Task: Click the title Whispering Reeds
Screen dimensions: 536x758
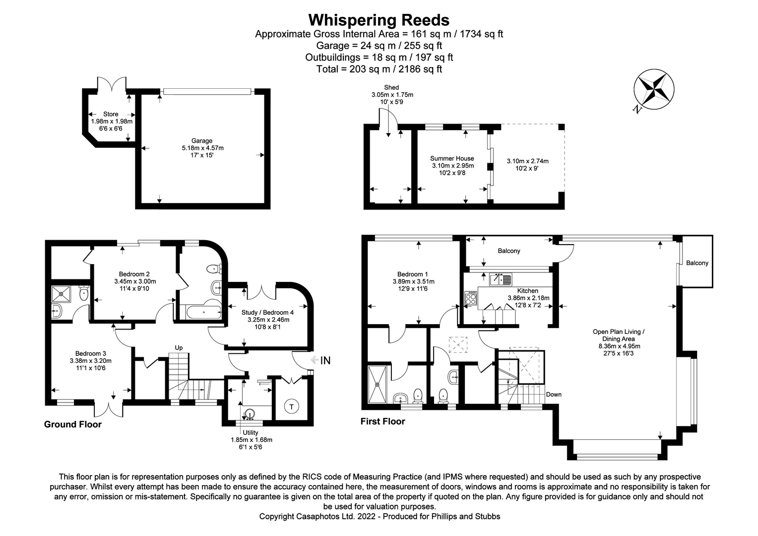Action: [x=379, y=20]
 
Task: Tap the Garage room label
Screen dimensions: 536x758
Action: [x=202, y=141]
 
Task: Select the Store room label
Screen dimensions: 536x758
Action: [x=111, y=114]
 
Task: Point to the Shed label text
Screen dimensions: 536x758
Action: [x=391, y=87]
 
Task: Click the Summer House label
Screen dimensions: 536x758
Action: [x=451, y=158]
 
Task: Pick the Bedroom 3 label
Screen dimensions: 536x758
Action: [x=90, y=353]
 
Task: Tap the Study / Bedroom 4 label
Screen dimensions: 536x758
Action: [x=267, y=312]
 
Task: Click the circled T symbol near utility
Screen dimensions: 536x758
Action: [x=292, y=407]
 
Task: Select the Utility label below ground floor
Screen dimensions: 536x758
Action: [x=251, y=432]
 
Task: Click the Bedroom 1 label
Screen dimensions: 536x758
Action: [x=412, y=274]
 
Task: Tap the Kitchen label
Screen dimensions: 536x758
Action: [x=527, y=291]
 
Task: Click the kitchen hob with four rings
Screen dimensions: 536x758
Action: [x=470, y=299]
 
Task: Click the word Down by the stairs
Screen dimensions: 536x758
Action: [x=554, y=395]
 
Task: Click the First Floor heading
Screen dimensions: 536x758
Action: [x=382, y=421]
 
